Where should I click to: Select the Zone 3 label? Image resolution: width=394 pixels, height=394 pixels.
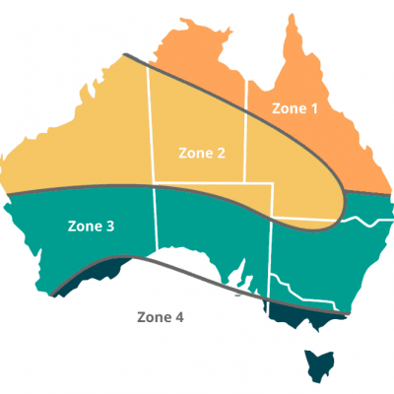91,226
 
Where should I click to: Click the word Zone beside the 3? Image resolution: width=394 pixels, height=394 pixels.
83,226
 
